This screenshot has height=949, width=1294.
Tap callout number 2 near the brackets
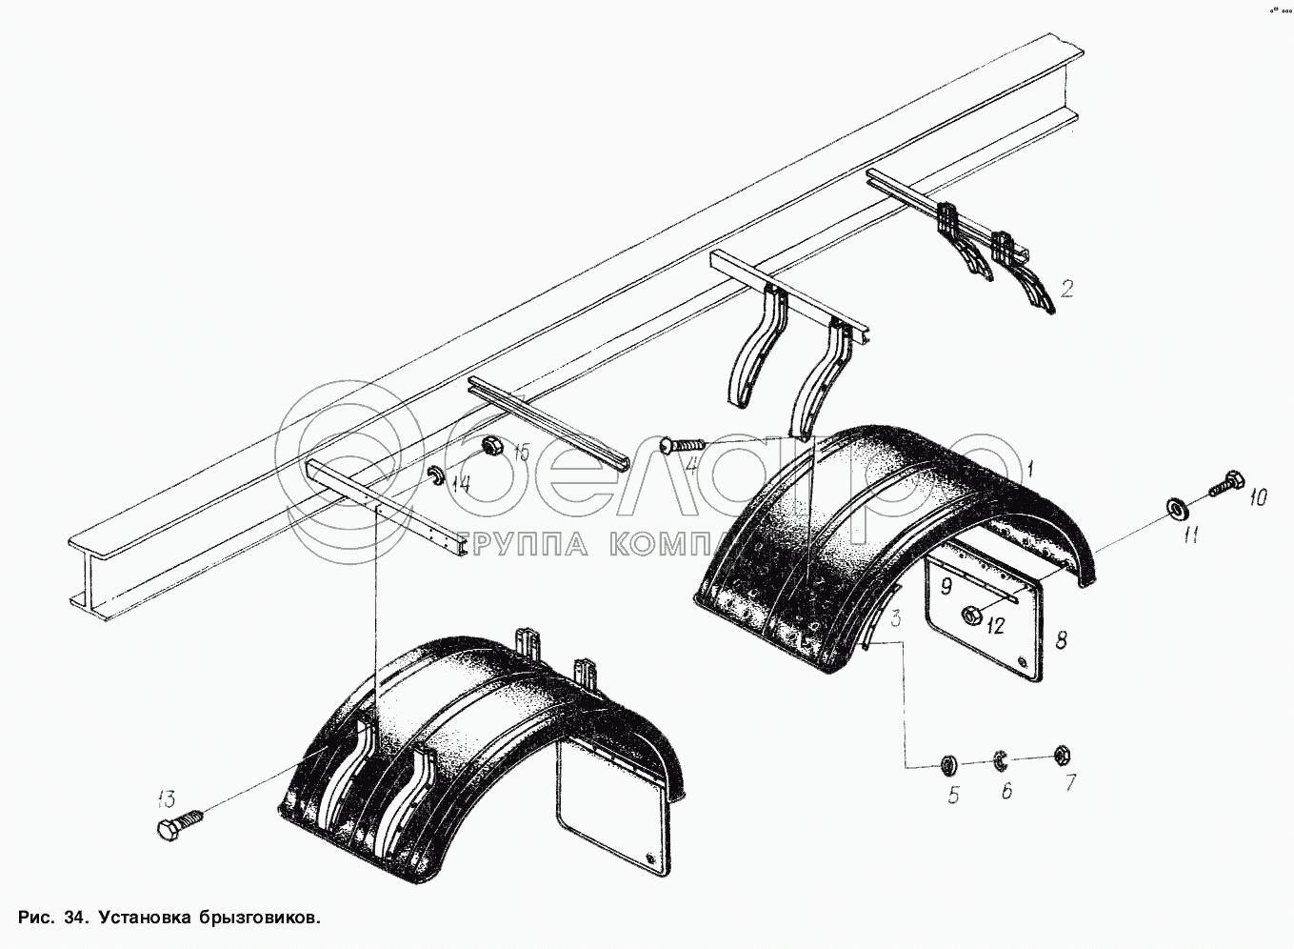point(1067,287)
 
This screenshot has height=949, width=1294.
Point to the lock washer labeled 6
point(1001,759)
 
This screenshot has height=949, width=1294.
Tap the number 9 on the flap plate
point(946,585)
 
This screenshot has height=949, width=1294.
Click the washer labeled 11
point(1177,509)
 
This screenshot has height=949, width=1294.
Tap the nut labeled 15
point(492,445)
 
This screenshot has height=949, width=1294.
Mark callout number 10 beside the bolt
point(1259,496)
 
